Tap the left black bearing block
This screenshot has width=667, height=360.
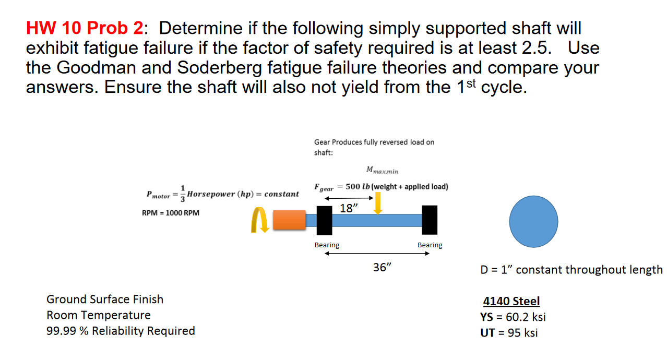point(324,220)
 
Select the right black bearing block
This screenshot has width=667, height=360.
point(430,220)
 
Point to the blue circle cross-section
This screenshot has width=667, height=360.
point(533,221)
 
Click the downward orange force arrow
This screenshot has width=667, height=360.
point(378,203)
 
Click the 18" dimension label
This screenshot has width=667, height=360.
point(349,209)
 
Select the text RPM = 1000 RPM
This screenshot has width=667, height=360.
point(170,213)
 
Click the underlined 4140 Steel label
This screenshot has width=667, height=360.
point(511,301)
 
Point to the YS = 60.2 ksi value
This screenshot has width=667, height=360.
point(513,317)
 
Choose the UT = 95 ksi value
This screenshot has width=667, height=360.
point(509,333)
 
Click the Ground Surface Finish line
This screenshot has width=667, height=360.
point(105,299)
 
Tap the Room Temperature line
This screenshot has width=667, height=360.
point(99,315)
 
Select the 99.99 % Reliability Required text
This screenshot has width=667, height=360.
point(121,331)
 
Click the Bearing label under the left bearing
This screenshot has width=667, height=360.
point(327,245)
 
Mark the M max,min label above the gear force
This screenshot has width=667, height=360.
point(382,170)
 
